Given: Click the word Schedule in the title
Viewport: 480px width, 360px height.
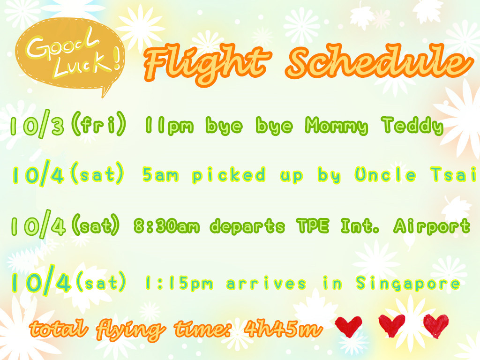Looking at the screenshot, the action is click(x=379, y=61).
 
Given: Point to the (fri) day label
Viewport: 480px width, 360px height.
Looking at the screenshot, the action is click(x=98, y=123).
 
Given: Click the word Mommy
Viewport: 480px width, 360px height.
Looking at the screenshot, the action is click(x=337, y=126).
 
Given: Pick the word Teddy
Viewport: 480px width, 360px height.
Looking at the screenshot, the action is click(x=412, y=126).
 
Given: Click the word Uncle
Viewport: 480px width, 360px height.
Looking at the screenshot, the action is click(x=385, y=174).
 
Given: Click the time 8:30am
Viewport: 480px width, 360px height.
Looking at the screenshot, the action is click(x=166, y=226).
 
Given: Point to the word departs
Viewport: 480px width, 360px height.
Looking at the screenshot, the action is click(x=247, y=227).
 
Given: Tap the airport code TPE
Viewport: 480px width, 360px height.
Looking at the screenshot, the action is click(x=313, y=226).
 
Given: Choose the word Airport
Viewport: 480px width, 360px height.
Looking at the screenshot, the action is click(x=432, y=226).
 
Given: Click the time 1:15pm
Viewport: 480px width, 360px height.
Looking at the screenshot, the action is click(x=179, y=284).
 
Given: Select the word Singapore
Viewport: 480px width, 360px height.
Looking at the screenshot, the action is click(x=408, y=284).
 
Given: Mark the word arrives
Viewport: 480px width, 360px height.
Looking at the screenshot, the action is click(x=266, y=284).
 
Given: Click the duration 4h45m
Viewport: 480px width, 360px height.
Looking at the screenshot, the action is click(x=283, y=329).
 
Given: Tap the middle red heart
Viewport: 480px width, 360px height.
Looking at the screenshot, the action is click(x=392, y=325).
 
